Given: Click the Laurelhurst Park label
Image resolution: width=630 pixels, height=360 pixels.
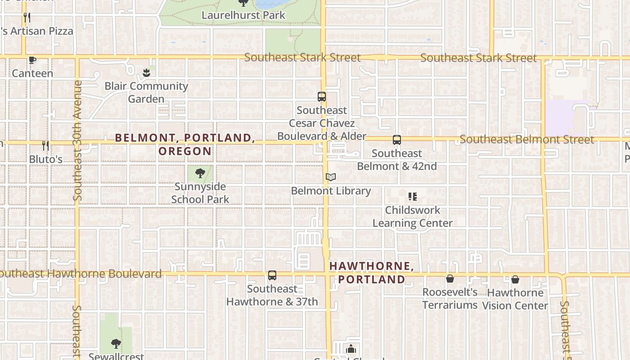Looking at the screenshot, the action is pos(243,15).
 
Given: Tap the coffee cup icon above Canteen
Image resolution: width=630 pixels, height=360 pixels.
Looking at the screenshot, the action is pos(32,60).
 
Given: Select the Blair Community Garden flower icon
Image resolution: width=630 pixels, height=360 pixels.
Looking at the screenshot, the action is pos(146,72).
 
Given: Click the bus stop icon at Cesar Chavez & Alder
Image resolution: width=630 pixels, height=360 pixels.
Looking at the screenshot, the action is pos(322,97).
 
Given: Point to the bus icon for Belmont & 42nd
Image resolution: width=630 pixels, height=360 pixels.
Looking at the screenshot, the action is pos(397,140).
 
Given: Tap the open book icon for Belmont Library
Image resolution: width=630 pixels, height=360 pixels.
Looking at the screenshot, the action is pos(331,177).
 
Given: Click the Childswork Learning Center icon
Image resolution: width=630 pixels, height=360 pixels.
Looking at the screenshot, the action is pos(413,197).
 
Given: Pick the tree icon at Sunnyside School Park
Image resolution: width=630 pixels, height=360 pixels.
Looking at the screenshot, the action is pos(200,173).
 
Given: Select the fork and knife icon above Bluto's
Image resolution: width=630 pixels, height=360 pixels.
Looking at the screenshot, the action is pos(45,145).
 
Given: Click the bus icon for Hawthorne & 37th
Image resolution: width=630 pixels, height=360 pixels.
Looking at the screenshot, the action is pos(272,275).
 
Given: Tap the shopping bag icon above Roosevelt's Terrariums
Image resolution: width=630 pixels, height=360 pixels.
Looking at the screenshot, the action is pos(450,279).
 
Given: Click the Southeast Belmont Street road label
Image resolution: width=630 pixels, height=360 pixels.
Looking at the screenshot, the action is pos(527,139).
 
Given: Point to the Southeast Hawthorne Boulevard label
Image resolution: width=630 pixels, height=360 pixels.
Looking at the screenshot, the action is pos(81,274).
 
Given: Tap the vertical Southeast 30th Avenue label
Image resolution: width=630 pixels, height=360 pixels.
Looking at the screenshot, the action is pos(77,140).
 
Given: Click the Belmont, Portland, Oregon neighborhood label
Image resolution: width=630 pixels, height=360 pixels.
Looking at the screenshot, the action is pos(185,144).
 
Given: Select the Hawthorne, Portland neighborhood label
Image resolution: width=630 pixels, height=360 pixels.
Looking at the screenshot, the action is pos(372,273).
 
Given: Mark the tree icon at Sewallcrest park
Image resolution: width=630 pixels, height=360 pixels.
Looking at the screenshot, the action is pos(116,344).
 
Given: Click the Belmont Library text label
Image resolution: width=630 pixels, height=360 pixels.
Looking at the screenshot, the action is pos(331,191).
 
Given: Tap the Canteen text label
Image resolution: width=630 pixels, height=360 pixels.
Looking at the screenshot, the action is pos(32,73).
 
